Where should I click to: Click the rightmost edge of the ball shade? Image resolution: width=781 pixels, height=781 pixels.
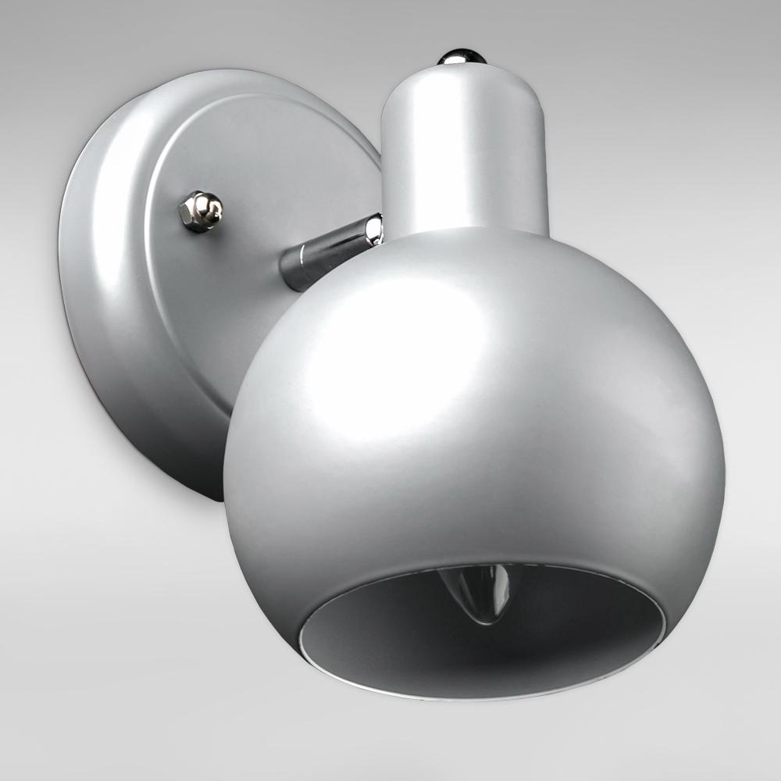(x=723, y=469)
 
